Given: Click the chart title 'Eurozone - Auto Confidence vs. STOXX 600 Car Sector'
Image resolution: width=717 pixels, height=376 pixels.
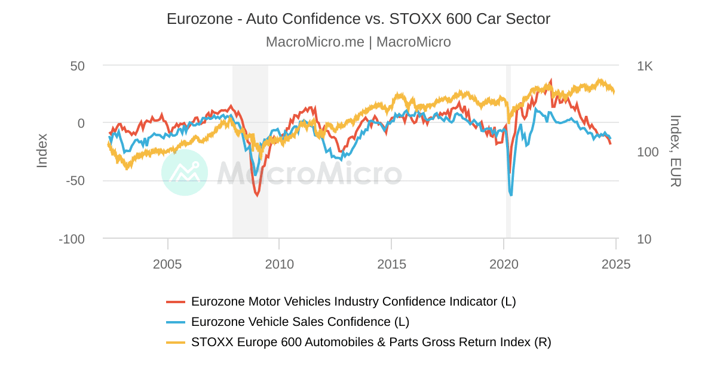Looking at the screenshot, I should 358,19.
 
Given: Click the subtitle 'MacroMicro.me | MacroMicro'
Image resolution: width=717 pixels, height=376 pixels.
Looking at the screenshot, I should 358,42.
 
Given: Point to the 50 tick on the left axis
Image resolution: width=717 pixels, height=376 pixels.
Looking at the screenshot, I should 78,66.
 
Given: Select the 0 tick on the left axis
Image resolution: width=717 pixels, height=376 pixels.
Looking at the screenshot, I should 81,124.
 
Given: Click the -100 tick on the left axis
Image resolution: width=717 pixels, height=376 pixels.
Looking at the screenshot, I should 72,239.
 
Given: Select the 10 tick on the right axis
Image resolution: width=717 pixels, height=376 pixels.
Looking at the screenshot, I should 644,239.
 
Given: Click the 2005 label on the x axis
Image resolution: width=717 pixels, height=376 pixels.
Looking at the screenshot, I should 167,264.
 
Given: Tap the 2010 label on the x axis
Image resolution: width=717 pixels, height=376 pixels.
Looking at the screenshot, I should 279,264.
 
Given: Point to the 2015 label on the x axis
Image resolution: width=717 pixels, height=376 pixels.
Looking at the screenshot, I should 391,264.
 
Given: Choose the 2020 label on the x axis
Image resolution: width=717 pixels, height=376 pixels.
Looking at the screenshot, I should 504,264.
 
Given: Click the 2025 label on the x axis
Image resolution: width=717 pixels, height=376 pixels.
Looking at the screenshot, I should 616,264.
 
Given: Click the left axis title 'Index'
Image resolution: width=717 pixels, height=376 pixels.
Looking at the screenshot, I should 42,150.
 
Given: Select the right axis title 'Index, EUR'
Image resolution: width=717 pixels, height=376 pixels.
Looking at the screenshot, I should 675,151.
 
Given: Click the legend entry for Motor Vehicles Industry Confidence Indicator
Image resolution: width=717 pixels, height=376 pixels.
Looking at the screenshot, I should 353,301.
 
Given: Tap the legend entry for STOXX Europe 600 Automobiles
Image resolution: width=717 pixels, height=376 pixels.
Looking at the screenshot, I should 371,342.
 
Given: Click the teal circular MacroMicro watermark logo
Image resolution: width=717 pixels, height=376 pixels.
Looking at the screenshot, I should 185,172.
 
